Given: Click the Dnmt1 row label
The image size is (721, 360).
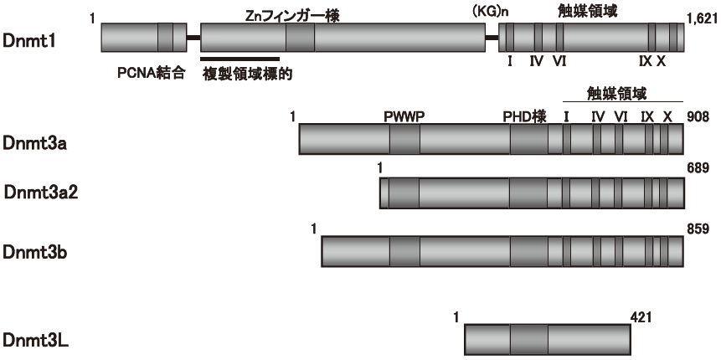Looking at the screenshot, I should [29, 39].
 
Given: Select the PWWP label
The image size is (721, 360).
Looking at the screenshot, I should [404, 118].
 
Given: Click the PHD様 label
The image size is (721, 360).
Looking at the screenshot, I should [525, 118].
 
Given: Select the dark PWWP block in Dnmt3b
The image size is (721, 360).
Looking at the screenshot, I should [404, 250].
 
